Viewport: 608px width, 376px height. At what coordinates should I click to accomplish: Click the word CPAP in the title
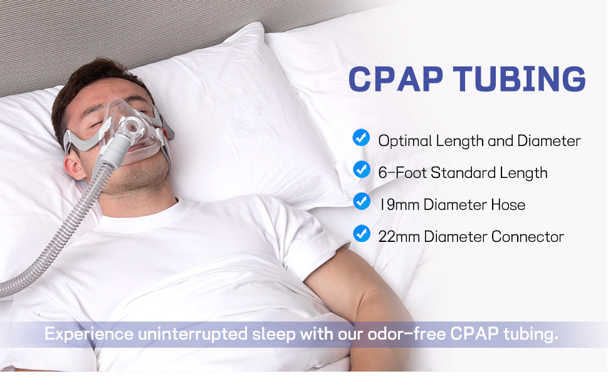(x=396, y=79)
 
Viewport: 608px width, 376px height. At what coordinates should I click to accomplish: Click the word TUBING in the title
(x=519, y=79)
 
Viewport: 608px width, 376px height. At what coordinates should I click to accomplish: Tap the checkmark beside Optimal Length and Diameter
(x=361, y=138)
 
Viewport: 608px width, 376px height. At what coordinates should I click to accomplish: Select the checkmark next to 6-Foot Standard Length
(x=362, y=169)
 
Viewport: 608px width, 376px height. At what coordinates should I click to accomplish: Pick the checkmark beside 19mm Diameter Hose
(x=362, y=202)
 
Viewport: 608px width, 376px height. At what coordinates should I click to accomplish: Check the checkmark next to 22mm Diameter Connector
(x=362, y=233)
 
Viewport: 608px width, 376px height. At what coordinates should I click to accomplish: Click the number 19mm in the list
(x=399, y=205)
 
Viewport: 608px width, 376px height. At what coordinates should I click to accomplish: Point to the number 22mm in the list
(x=399, y=236)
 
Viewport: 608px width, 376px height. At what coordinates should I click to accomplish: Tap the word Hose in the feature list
(x=508, y=205)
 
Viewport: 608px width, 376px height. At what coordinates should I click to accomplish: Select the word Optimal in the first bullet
(x=405, y=141)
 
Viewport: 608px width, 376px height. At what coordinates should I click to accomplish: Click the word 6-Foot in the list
(x=402, y=173)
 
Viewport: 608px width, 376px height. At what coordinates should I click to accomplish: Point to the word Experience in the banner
(x=89, y=334)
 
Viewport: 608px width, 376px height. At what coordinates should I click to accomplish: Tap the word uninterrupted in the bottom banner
(x=192, y=334)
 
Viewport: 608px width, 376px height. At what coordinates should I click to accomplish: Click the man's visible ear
(x=75, y=167)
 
